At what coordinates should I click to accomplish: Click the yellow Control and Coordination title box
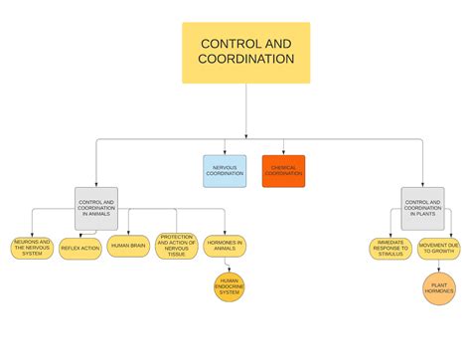click(245, 53)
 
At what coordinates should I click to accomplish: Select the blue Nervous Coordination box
click(225, 171)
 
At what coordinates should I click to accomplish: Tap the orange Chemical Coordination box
click(283, 171)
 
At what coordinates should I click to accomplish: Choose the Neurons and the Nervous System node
click(32, 247)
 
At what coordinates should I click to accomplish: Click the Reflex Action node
click(80, 247)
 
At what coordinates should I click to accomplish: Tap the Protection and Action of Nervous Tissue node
click(176, 247)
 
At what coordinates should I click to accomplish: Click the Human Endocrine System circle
click(230, 288)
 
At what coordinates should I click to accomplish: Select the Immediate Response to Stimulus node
click(391, 249)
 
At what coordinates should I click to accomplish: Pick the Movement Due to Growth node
click(439, 249)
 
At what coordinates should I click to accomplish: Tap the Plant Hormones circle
click(439, 288)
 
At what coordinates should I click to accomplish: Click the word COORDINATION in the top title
click(246, 60)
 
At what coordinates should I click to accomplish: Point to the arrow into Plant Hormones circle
click(439, 266)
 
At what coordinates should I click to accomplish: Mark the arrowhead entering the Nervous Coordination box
click(226, 151)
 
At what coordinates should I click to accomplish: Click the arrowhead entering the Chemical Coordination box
click(284, 151)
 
